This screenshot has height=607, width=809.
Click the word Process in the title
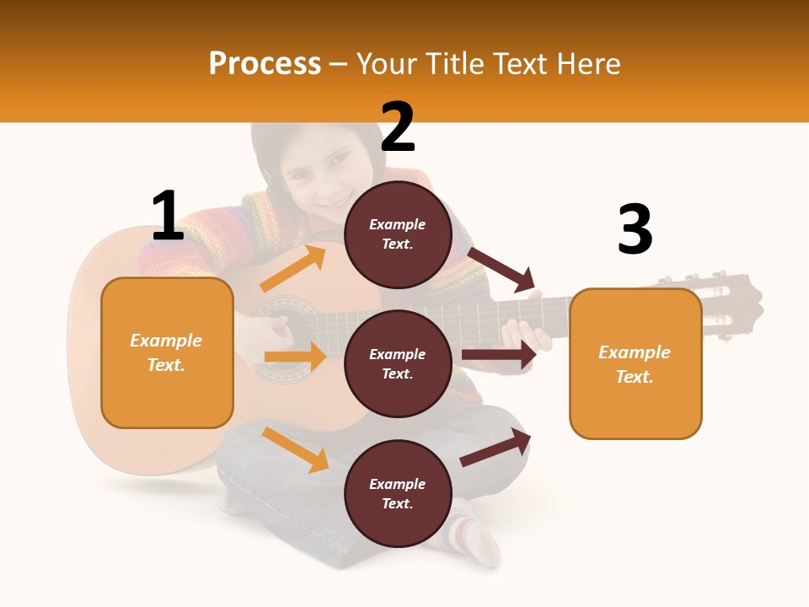coord(265,64)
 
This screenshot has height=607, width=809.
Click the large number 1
coord(167,217)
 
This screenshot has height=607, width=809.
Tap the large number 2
coord(398,128)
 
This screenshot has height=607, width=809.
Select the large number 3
coord(635,230)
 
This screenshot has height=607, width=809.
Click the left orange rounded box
coord(167,352)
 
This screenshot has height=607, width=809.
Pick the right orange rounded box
coord(635,363)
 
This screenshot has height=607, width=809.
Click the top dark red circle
coord(398,234)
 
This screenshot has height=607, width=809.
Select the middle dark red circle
coord(398,363)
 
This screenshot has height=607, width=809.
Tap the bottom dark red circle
coord(398,493)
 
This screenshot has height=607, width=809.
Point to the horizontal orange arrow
coord(295,357)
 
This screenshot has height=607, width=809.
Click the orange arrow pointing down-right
coord(296,449)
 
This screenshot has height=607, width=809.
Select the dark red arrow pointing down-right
coord(501,269)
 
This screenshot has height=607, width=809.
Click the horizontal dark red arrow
coord(499,355)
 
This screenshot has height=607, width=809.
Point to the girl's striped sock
coord(466,532)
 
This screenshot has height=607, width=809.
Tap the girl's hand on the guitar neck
coord(529,334)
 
